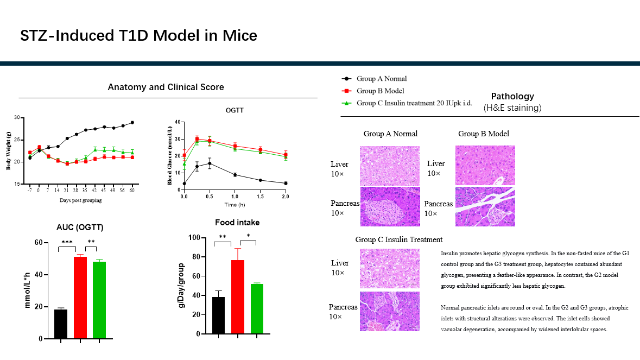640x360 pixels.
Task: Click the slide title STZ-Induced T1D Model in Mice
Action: point(138,36)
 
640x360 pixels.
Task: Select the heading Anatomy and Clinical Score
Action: point(166,87)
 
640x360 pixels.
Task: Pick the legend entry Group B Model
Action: point(380,91)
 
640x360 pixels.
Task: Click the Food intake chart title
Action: point(237,222)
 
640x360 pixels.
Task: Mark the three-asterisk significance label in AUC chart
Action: point(67,243)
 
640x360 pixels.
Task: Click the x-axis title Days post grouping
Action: point(81,200)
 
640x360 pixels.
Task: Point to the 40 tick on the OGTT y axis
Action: point(176,122)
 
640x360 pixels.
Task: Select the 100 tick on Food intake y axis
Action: point(194,238)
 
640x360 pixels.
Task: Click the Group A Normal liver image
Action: point(390,166)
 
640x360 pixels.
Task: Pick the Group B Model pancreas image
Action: point(485,206)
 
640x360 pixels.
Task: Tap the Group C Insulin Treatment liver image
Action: point(389,268)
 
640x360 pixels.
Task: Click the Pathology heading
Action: point(512,97)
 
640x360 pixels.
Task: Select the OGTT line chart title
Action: point(235,111)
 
